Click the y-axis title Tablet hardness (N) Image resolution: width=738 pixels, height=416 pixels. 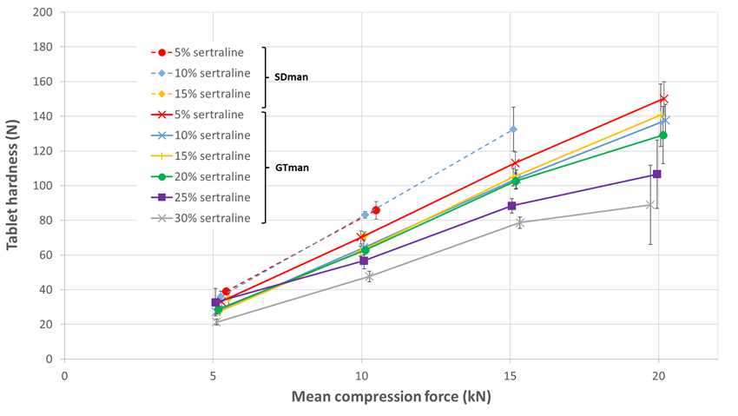click(x=14, y=185)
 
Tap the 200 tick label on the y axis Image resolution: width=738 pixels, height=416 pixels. click(x=41, y=12)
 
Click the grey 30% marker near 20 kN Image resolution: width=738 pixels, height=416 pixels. click(x=650, y=205)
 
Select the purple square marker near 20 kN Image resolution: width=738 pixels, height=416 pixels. click(x=657, y=175)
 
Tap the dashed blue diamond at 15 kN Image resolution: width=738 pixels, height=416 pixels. click(x=513, y=129)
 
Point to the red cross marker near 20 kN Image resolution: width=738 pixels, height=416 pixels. click(x=662, y=99)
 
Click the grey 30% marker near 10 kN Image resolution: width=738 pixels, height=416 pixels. click(x=369, y=276)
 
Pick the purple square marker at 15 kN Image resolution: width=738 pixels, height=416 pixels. click(x=512, y=206)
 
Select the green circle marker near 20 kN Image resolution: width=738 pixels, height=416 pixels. click(x=663, y=135)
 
